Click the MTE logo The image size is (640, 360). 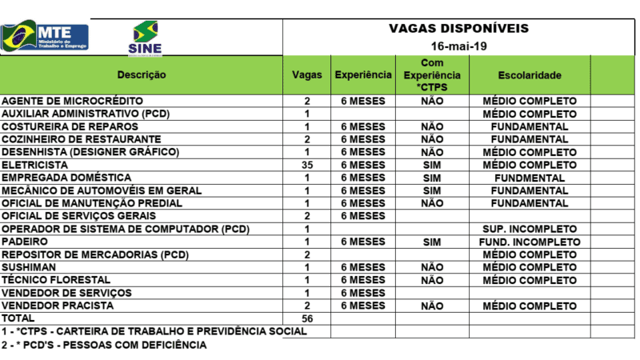(x=46, y=37)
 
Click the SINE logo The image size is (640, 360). (x=145, y=38)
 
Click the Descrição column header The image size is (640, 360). (x=142, y=75)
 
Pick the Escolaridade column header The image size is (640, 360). (x=529, y=75)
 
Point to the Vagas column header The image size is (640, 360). (x=306, y=75)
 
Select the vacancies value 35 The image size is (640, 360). (x=306, y=165)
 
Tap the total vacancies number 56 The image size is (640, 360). (x=306, y=318)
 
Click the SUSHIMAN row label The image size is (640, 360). (x=26, y=267)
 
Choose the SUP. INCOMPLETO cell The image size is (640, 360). (x=529, y=229)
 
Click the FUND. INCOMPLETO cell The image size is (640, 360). (x=529, y=242)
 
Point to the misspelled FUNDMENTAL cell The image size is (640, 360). (x=529, y=178)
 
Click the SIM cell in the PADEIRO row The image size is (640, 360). (x=431, y=242)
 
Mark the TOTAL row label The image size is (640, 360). (x=18, y=318)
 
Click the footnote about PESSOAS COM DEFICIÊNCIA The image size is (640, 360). (x=104, y=345)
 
